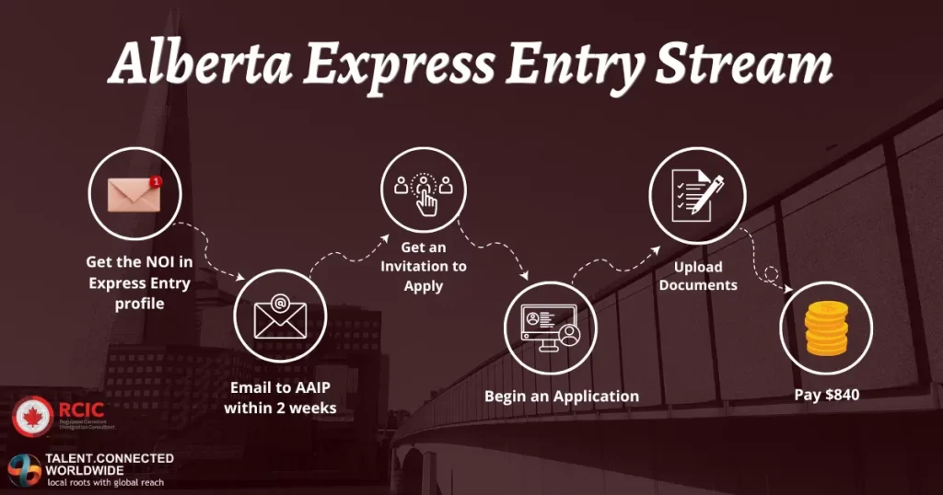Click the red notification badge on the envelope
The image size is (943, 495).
click(x=155, y=182)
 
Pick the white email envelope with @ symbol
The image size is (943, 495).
click(x=280, y=317)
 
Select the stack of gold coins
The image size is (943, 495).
click(x=825, y=331)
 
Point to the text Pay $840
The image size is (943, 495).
click(x=826, y=395)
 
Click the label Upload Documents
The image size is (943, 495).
click(x=698, y=276)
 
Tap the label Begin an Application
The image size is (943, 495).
click(x=562, y=397)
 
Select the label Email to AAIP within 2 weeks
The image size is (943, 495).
click(x=280, y=397)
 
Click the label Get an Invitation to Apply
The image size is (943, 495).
click(x=424, y=267)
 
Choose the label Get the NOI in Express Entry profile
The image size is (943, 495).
click(x=139, y=283)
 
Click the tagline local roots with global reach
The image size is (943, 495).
click(x=105, y=482)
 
